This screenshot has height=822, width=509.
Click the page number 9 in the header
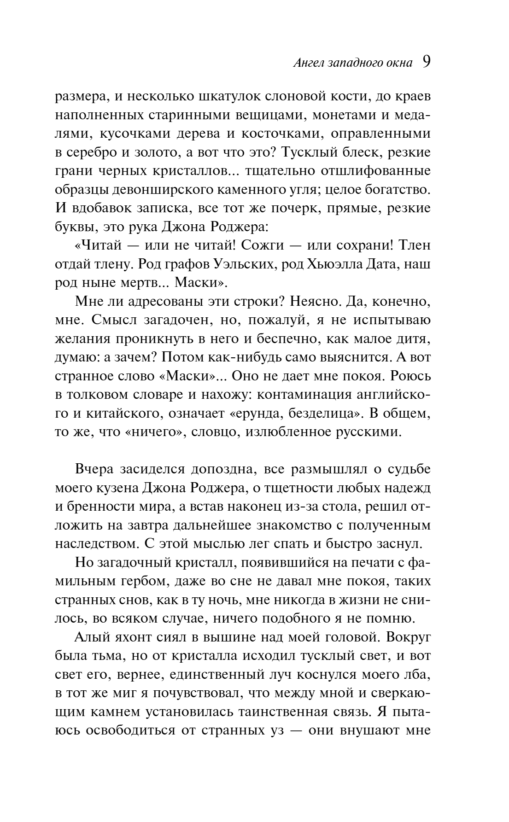click(x=426, y=62)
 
